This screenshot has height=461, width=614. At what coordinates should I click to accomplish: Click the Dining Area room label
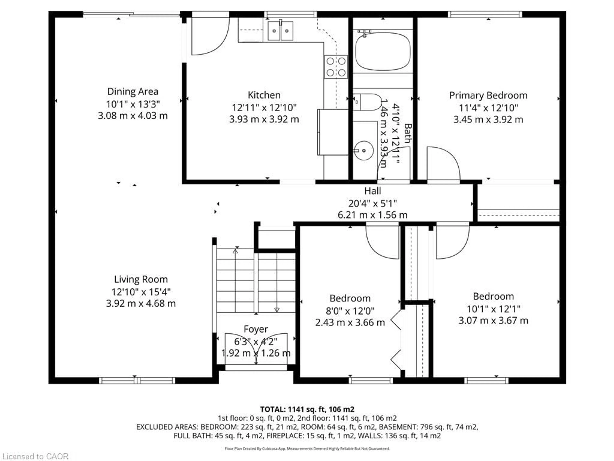pos(133,91)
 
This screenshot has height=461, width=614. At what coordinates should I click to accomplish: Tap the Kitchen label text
pos(264,95)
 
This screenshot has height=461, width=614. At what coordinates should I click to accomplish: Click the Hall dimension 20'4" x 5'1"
pos(373,203)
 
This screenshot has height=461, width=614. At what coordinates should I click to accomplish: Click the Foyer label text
pos(256,329)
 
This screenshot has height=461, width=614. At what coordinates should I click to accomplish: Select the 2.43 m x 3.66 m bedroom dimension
pos(350,323)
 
